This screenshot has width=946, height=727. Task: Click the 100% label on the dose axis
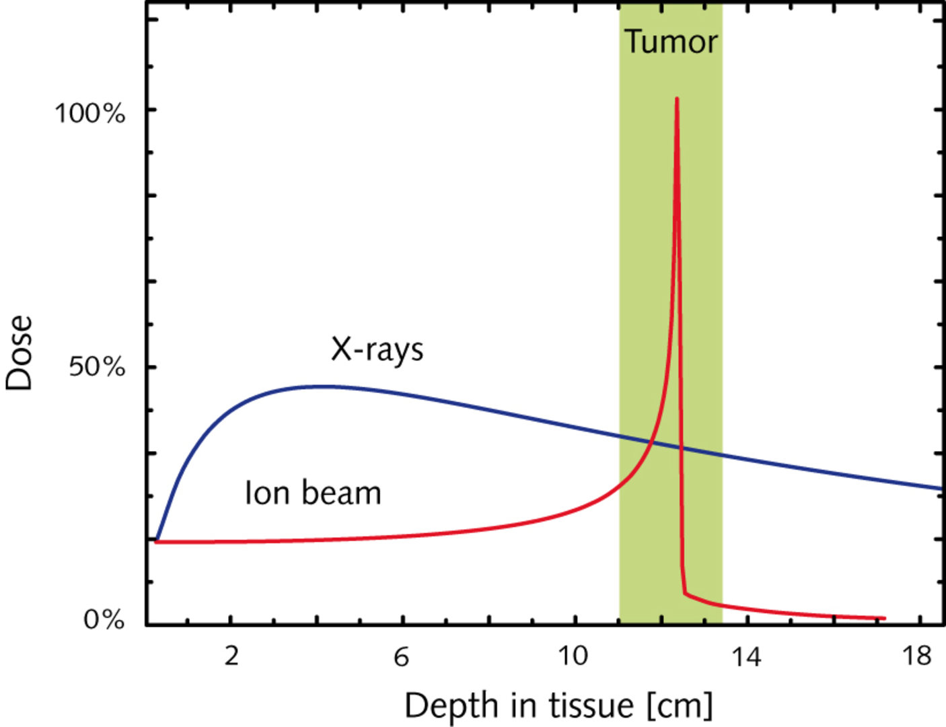[89, 113]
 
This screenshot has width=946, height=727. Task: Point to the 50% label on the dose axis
[97, 368]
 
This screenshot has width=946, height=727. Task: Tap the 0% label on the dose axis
[104, 619]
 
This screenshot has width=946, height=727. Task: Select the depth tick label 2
[231, 656]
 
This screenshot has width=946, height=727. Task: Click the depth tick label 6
[401, 656]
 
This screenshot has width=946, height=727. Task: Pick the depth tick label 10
[573, 656]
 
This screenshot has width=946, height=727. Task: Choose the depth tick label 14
[746, 656]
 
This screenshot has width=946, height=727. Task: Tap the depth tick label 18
[916, 656]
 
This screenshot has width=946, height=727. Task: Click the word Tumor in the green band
[671, 42]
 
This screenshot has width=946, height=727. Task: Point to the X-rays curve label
[377, 349]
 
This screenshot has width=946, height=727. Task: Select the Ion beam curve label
[313, 493]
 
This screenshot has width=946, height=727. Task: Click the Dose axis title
[19, 353]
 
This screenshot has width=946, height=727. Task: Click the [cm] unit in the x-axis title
[679, 705]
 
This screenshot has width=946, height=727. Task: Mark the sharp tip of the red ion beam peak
[676, 98]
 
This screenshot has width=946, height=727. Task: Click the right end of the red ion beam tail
[884, 618]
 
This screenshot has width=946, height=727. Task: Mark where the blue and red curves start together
[156, 541]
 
